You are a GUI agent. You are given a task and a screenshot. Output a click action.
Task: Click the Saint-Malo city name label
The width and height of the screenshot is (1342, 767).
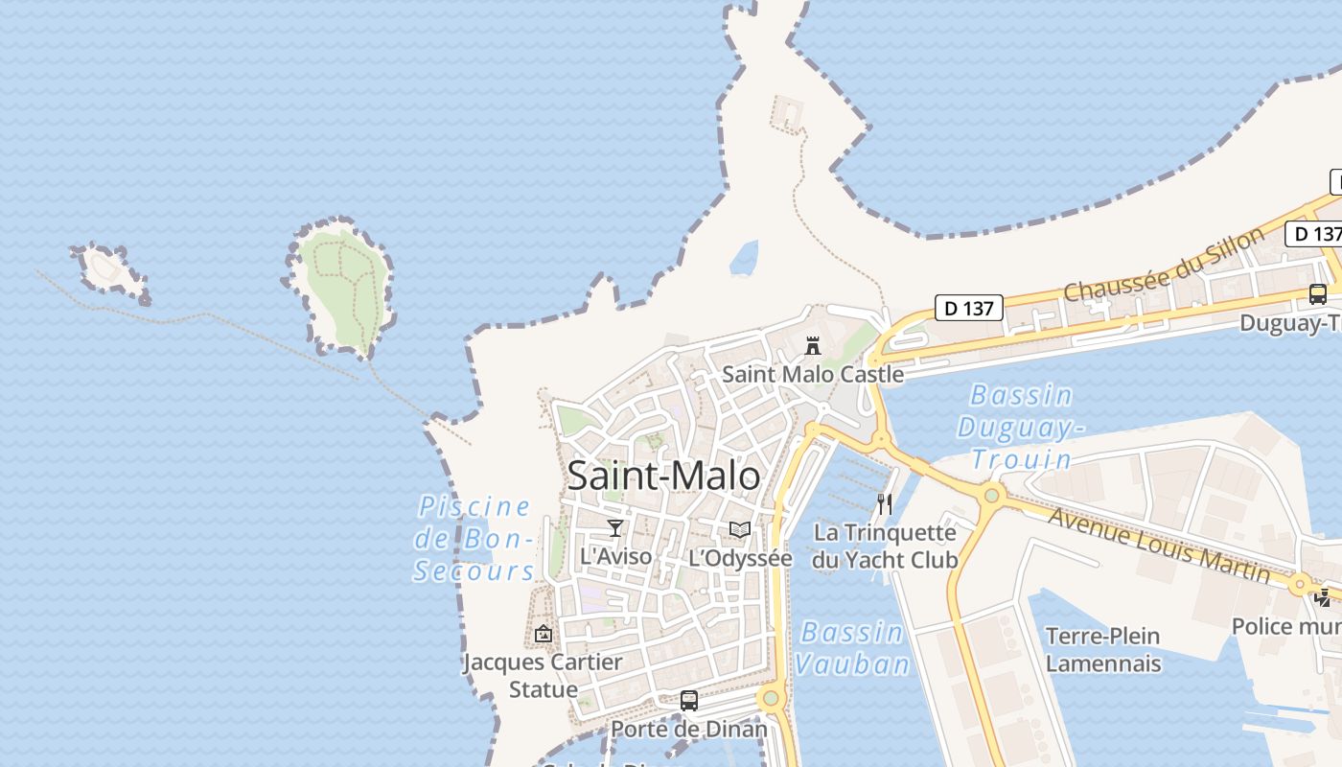click(663, 476)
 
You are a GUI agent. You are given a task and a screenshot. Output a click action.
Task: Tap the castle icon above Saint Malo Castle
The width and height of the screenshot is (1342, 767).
click(813, 345)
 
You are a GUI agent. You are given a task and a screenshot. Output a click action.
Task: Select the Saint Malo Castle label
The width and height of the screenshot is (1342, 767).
click(813, 374)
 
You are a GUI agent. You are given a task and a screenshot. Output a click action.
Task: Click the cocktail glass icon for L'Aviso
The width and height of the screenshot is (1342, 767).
click(615, 528)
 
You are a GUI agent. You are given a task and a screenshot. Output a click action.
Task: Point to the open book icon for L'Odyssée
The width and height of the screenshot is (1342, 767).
click(740, 529)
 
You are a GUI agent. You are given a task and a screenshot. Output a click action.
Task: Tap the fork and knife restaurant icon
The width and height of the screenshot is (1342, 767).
click(885, 503)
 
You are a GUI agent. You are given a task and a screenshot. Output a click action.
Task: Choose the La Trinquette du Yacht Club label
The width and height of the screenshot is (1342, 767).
click(885, 546)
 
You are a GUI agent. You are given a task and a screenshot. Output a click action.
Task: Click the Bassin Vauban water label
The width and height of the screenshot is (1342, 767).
click(851, 648)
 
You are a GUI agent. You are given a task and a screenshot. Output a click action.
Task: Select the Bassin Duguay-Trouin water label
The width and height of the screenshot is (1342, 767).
click(1021, 427)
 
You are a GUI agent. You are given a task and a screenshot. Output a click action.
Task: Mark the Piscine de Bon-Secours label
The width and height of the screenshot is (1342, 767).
click(474, 538)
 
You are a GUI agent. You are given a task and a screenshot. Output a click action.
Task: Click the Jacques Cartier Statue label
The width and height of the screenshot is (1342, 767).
click(543, 675)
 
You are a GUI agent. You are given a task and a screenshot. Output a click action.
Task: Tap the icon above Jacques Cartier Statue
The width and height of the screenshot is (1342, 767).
click(544, 634)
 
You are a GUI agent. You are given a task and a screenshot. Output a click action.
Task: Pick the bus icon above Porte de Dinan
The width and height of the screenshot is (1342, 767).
click(689, 700)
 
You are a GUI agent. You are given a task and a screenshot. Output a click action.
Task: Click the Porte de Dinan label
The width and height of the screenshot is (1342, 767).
click(689, 729)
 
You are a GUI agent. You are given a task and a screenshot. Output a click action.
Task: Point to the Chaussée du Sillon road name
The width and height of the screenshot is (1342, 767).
click(1164, 265)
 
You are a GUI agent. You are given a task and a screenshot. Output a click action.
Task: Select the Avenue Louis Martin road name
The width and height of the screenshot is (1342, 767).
click(1159, 545)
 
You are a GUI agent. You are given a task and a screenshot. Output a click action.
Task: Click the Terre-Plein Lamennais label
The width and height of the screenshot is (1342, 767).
click(1102, 649)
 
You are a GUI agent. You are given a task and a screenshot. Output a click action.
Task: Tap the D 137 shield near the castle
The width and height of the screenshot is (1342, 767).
click(969, 308)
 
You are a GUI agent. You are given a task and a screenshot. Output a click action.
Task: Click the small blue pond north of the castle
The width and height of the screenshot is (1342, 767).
click(744, 258)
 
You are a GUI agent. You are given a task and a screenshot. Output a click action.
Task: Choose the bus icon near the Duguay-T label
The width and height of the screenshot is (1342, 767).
click(1318, 294)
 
